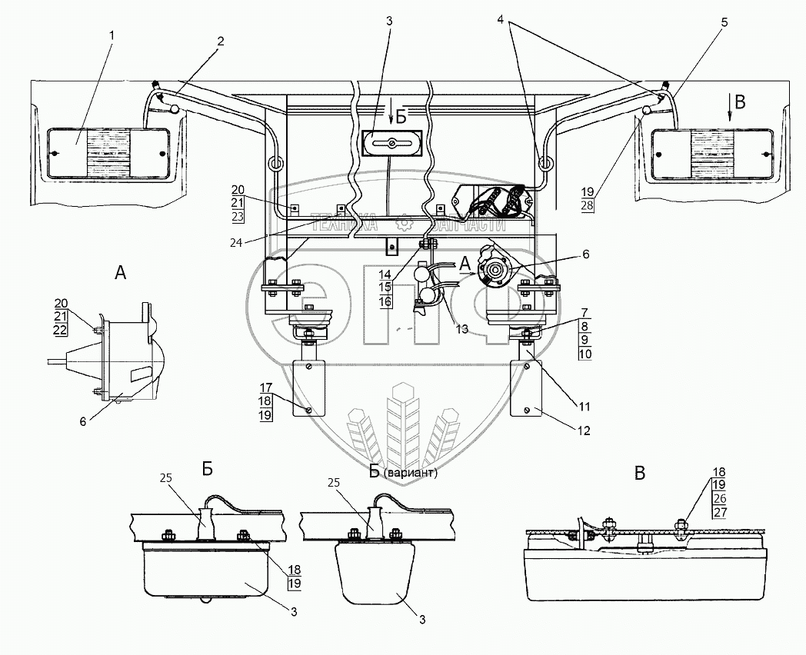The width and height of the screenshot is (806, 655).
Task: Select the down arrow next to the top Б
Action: (391, 116)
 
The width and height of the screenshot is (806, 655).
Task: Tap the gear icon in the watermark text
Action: (402, 224)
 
